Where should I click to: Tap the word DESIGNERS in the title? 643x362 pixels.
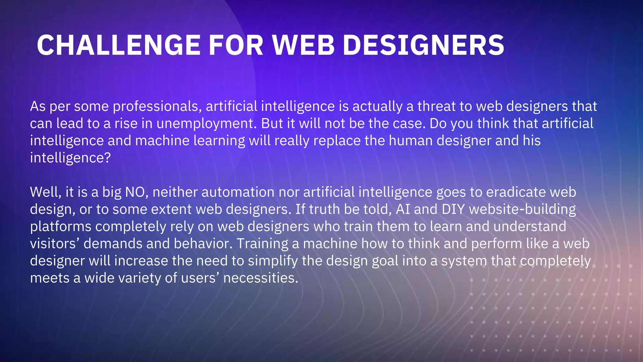[424, 45]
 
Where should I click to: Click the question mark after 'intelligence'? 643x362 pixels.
[107, 158]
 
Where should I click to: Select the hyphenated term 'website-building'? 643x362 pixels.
[522, 209]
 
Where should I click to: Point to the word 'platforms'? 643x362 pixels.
[61, 227]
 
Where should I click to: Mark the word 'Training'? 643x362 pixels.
[262, 244]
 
